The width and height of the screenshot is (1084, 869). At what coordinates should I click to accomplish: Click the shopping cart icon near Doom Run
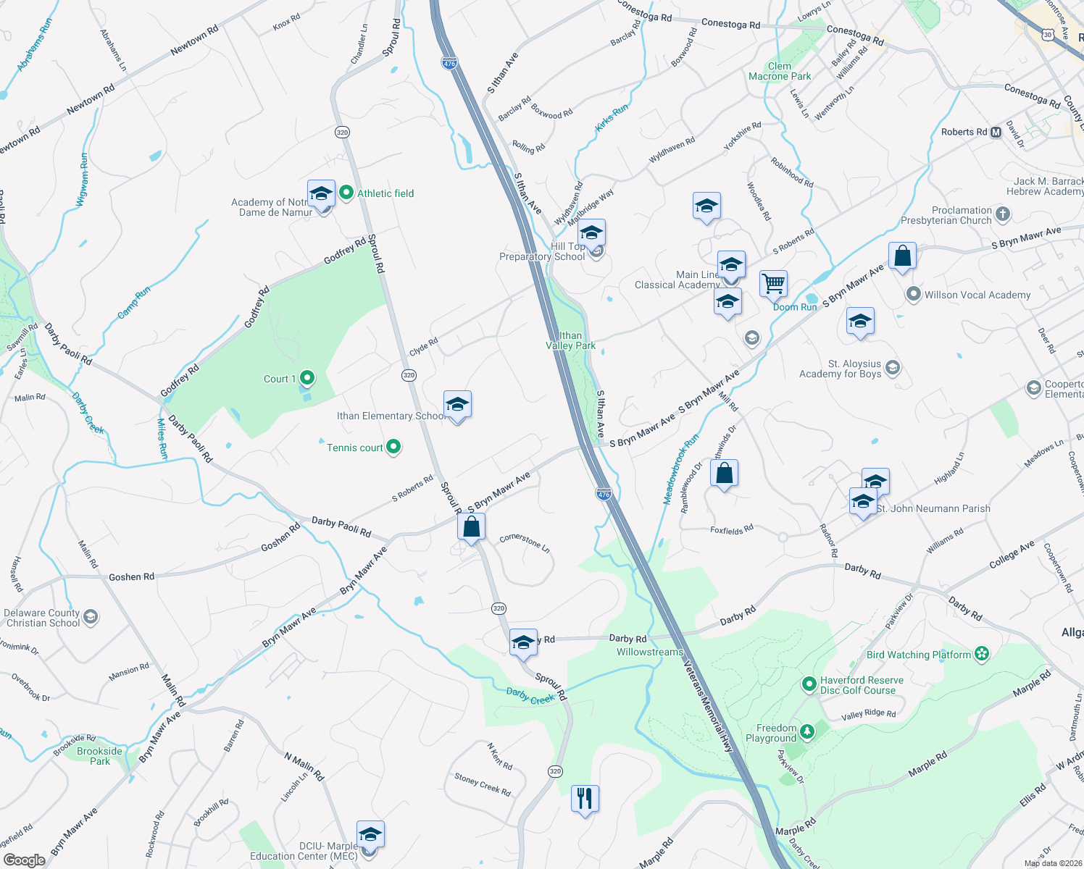tap(773, 283)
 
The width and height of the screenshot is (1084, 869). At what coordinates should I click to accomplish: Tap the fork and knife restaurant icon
tap(585, 798)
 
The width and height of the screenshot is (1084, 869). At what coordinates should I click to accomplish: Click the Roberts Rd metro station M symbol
tap(996, 132)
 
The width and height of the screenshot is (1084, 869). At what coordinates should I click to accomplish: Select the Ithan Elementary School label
tap(390, 416)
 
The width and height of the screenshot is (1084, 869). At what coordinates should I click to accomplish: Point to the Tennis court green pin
tap(393, 448)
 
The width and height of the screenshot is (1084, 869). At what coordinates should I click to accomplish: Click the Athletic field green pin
tap(346, 193)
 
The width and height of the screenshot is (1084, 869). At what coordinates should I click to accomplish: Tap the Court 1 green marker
tap(307, 378)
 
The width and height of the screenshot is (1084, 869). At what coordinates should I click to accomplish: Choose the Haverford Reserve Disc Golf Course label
tap(861, 685)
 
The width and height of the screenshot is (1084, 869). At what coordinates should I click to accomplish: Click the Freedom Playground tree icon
tap(806, 732)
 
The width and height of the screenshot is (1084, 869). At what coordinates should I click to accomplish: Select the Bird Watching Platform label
tap(918, 655)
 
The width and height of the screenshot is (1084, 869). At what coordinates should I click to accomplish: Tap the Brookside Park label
tap(100, 756)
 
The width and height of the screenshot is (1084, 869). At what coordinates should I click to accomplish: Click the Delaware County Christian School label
tap(43, 618)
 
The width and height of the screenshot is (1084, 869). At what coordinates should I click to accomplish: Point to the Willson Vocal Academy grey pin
tap(913, 294)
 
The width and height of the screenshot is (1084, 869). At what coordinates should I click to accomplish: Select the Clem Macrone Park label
tap(780, 71)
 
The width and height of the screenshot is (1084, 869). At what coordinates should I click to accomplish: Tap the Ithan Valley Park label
tap(571, 340)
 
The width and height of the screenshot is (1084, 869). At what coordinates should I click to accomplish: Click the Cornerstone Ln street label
tap(525, 542)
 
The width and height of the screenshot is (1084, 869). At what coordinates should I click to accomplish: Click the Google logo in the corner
tap(24, 860)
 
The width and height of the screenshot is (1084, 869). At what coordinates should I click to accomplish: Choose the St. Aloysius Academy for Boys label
tap(840, 369)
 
